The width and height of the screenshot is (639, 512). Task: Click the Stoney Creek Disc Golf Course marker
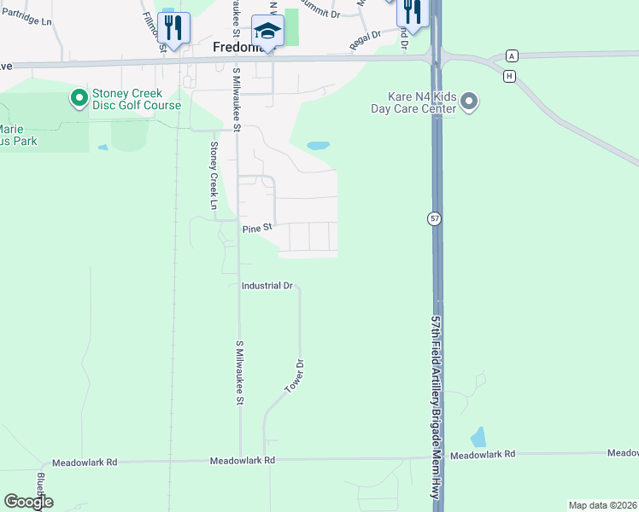79,98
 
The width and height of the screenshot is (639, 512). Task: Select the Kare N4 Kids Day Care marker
469,103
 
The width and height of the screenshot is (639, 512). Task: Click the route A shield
512,55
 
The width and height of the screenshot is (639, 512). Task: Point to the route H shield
510,76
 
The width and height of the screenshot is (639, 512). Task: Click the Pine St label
256,228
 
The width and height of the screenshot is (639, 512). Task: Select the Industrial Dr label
267,286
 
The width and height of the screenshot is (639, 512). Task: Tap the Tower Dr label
295,376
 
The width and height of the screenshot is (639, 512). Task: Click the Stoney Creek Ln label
214,175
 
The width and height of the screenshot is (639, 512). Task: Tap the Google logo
28,502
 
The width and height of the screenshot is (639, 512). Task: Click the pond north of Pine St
318,146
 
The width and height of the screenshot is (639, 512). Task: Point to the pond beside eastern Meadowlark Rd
478,438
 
